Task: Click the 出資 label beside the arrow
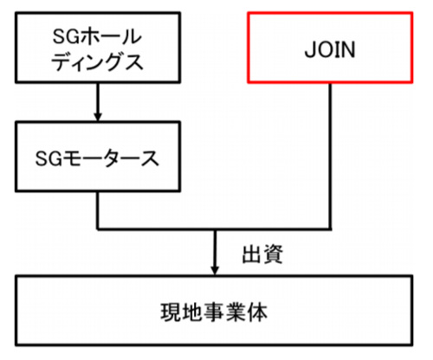point(262,254)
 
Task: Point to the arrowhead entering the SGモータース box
point(98,116)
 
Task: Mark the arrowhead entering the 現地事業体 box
point(215,270)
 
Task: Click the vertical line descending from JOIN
point(330,157)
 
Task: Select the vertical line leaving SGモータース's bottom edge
point(98,210)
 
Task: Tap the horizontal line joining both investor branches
point(214,229)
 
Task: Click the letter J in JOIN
point(310,49)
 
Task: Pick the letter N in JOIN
point(348,49)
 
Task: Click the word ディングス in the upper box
point(97,62)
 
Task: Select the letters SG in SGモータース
point(48,158)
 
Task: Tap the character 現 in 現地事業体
point(171,312)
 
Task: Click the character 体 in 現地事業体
point(257,312)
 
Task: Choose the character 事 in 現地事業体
point(214,312)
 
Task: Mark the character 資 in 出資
point(273,254)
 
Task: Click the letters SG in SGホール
point(66,36)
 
